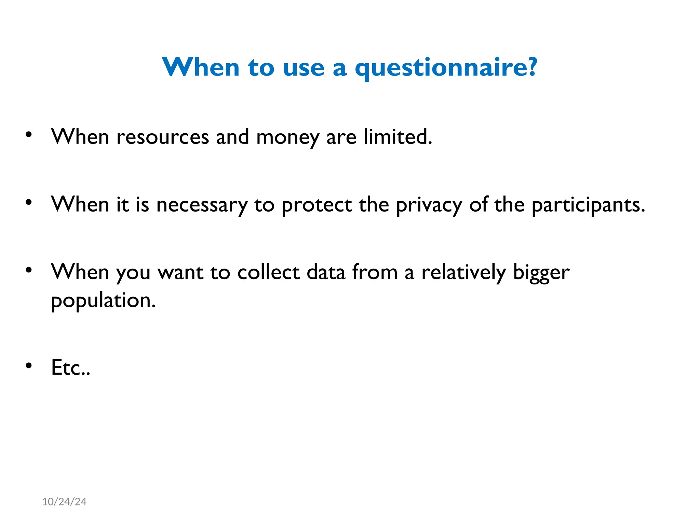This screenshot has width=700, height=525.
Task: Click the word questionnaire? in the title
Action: [x=446, y=68]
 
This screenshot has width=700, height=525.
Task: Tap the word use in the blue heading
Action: [x=304, y=68]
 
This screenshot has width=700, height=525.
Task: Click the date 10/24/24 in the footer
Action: [x=64, y=501]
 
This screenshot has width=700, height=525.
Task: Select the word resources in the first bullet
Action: [x=162, y=137]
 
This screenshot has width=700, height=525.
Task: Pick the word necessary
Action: [x=202, y=205]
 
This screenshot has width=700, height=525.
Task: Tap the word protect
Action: [x=317, y=205]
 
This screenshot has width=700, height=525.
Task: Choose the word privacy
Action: [x=429, y=205]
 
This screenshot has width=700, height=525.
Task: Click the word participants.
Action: [x=588, y=205]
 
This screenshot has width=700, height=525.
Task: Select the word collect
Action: [x=268, y=272]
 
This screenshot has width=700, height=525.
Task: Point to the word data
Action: [x=326, y=272]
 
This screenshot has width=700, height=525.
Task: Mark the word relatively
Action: [x=463, y=272]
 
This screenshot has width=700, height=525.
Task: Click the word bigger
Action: [x=541, y=273]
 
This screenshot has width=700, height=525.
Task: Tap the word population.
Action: [x=103, y=301]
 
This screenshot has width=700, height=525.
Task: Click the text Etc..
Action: [x=70, y=367]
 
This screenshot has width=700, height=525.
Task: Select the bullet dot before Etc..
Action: [x=29, y=365]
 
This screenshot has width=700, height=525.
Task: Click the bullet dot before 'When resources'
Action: [x=29, y=134]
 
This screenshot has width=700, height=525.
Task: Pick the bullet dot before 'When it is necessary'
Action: [x=29, y=202]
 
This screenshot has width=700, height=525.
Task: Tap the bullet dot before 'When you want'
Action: [x=29, y=270]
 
